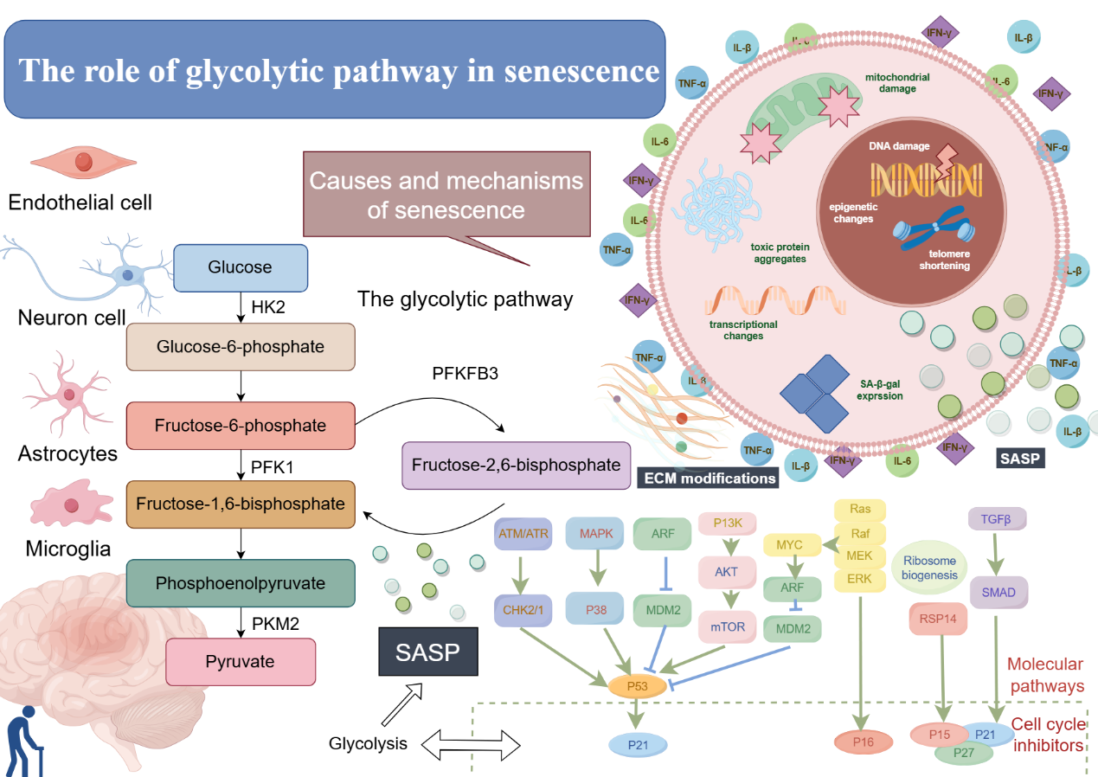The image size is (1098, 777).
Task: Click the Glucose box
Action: [x=241, y=267]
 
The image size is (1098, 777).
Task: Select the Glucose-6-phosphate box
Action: [x=241, y=347]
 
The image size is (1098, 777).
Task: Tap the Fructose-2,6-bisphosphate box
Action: [x=516, y=465]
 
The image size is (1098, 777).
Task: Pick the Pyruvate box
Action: [x=240, y=662]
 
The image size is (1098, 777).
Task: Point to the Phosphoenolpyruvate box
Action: [x=241, y=583]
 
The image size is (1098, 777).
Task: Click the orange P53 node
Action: [x=637, y=686]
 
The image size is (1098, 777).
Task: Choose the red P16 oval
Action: [x=863, y=741]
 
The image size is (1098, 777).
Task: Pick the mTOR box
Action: [x=728, y=627]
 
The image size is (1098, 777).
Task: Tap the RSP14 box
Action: [x=938, y=619]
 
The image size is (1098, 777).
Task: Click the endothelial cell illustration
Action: [x=83, y=162]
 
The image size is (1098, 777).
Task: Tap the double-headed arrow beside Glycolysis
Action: [x=473, y=742]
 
